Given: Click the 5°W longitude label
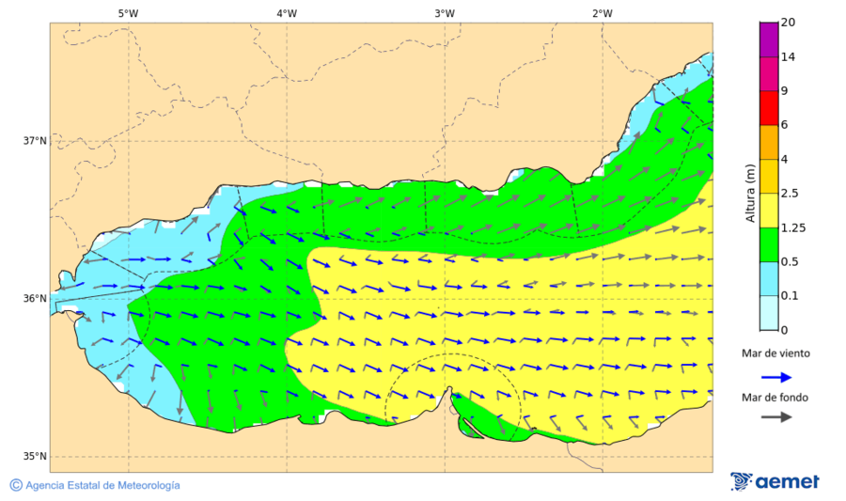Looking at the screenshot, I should click(x=128, y=13).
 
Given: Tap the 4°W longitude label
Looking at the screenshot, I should click(x=287, y=13).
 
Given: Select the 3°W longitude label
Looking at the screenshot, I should click(x=445, y=13).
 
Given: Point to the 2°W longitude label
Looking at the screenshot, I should click(x=603, y=13).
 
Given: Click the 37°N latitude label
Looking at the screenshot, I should click(x=35, y=141).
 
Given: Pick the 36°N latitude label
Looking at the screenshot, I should click(x=35, y=299).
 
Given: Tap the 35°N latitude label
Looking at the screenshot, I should click(x=35, y=457).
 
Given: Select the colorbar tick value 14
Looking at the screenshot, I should click(x=788, y=57).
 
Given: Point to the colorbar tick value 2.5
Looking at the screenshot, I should click(x=791, y=194).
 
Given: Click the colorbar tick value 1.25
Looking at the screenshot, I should click(x=793, y=227).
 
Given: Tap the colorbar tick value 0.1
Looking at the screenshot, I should click(x=791, y=295).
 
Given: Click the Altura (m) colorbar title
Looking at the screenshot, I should click(x=750, y=193).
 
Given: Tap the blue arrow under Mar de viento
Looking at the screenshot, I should click(x=775, y=375).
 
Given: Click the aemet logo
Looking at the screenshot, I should click(x=775, y=481).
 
